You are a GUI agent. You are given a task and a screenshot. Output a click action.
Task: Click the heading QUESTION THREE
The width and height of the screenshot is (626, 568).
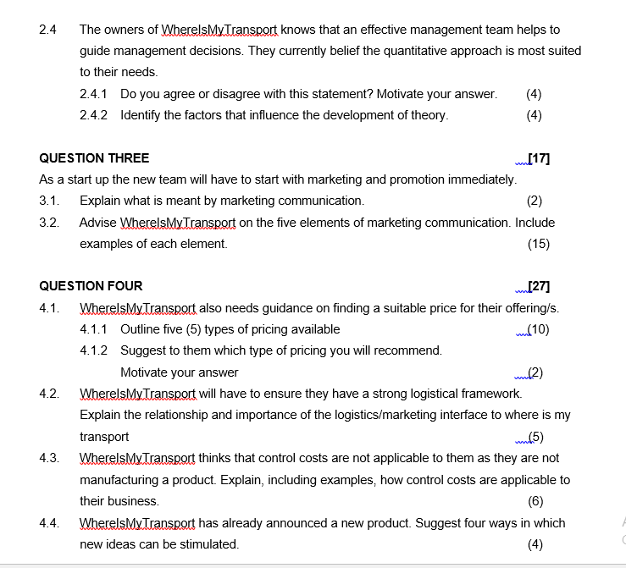pos(94,158)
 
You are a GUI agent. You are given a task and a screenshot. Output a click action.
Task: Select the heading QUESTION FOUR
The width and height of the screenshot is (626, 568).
pos(91,286)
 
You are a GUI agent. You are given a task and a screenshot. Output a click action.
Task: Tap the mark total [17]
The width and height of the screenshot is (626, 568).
pos(539,158)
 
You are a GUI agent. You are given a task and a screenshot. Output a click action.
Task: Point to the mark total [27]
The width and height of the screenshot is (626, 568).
pos(539,286)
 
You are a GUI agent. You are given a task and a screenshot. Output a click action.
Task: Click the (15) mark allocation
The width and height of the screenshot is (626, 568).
pos(538,244)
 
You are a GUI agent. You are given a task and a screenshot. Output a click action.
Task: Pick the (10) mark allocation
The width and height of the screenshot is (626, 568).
pos(538,329)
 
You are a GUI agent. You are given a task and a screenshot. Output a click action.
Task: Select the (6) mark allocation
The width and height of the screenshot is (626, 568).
pos(535,501)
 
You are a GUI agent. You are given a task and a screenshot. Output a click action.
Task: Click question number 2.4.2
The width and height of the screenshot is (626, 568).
pos(94,115)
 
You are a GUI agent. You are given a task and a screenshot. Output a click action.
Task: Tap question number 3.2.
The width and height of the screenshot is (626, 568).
pos(49,223)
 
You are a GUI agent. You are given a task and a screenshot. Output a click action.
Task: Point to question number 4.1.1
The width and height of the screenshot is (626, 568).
pos(94,329)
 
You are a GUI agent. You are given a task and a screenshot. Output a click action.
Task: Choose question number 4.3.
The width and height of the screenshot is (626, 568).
pos(49,458)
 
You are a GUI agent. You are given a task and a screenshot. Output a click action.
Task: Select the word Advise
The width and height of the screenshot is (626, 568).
pos(98,223)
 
